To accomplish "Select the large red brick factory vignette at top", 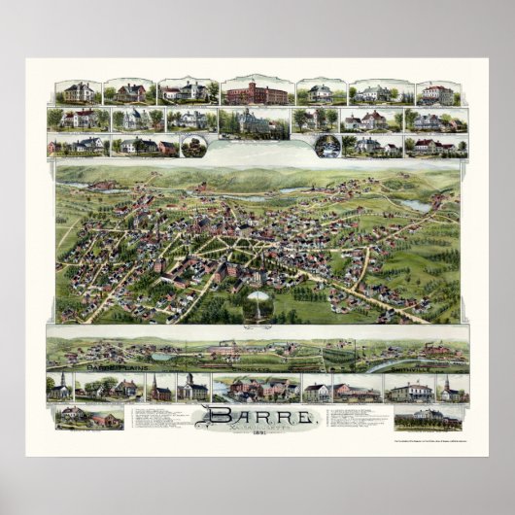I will [257, 93].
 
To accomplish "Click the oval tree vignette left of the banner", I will [193, 147].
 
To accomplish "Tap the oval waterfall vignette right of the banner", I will [325, 147].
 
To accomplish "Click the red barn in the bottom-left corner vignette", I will [101, 420].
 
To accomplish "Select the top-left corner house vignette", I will [78, 92].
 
